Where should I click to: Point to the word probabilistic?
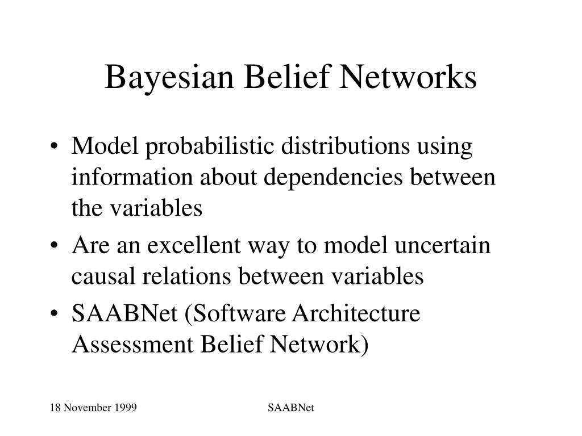210,148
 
